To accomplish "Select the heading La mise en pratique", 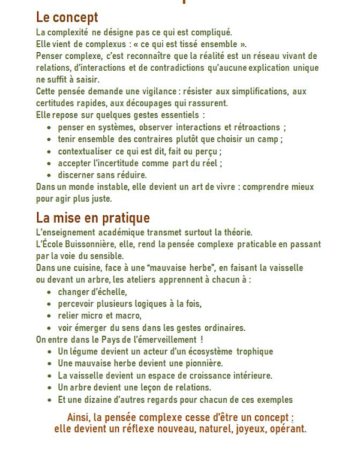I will (93, 218).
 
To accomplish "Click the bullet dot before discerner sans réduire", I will (49, 175).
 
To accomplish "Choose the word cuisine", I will (85, 268).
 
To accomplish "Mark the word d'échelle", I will (109, 292).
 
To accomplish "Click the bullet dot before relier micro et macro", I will (49, 316).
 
